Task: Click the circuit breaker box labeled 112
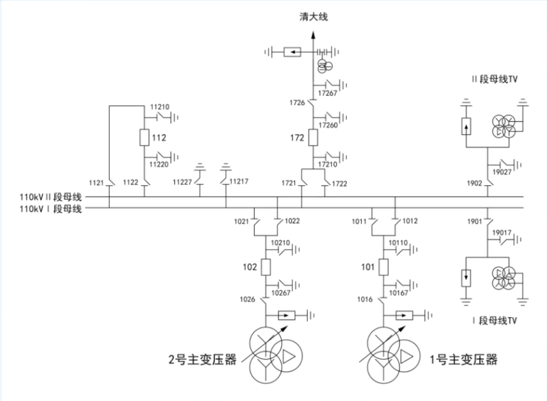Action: coord(144,137)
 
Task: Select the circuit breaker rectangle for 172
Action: coord(313,137)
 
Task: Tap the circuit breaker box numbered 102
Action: coord(266,267)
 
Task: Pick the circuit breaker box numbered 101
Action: coord(384,267)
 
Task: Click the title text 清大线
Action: coord(314,17)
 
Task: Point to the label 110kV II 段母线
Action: coord(51,197)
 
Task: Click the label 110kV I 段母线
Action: coord(51,209)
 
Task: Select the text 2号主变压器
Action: coord(203,359)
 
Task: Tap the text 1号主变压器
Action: coord(463,359)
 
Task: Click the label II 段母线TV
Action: coord(495,79)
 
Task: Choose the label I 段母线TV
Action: coord(495,320)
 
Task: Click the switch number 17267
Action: coord(327,93)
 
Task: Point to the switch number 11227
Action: coord(182,182)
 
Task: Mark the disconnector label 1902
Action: coord(474,183)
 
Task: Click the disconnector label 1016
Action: coord(365,299)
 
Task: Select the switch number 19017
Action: coord(502,233)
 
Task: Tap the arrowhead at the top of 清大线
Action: coord(313,35)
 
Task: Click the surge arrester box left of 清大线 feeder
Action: coord(292,52)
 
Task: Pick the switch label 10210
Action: coord(280,243)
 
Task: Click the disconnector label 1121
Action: coord(96,183)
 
